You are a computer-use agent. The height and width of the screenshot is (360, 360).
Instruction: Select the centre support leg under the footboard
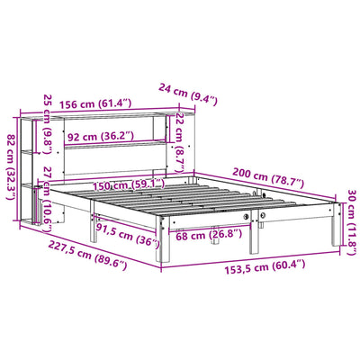pyautogui.click(x=257, y=237)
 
